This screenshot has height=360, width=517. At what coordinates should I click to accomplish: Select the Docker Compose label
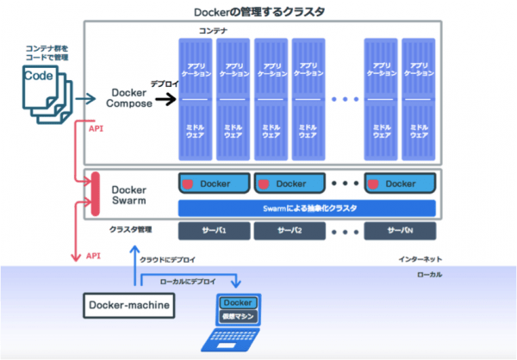pos(129,98)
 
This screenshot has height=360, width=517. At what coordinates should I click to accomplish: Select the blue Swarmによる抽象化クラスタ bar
pos(306,208)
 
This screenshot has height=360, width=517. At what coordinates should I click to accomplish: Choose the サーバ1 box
pos(214,231)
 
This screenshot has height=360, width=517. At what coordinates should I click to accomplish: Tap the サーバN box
pos(400,231)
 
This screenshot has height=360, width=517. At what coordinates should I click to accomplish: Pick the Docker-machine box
pos(128,304)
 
